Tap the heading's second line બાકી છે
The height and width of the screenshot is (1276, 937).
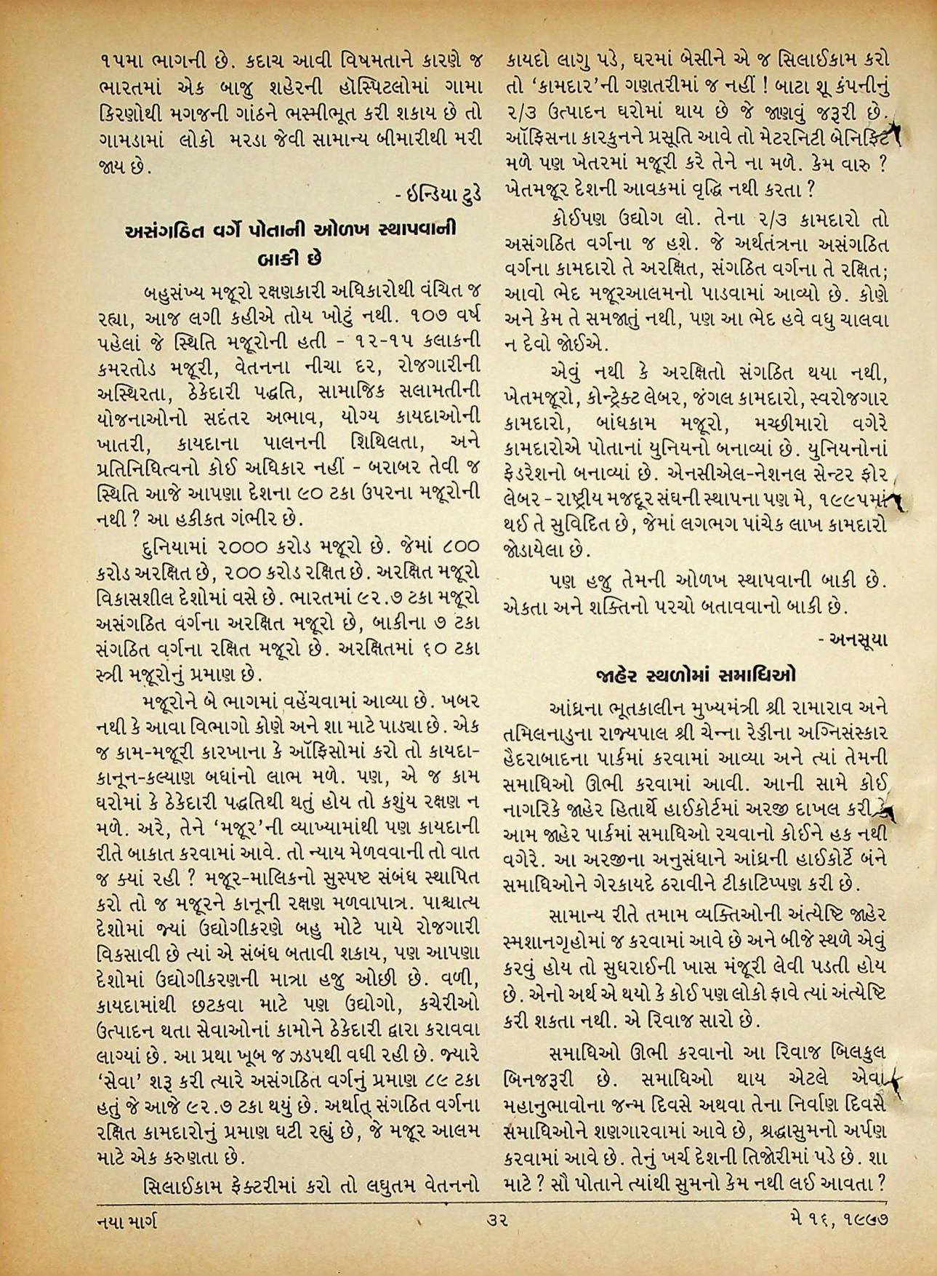[291, 258]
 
